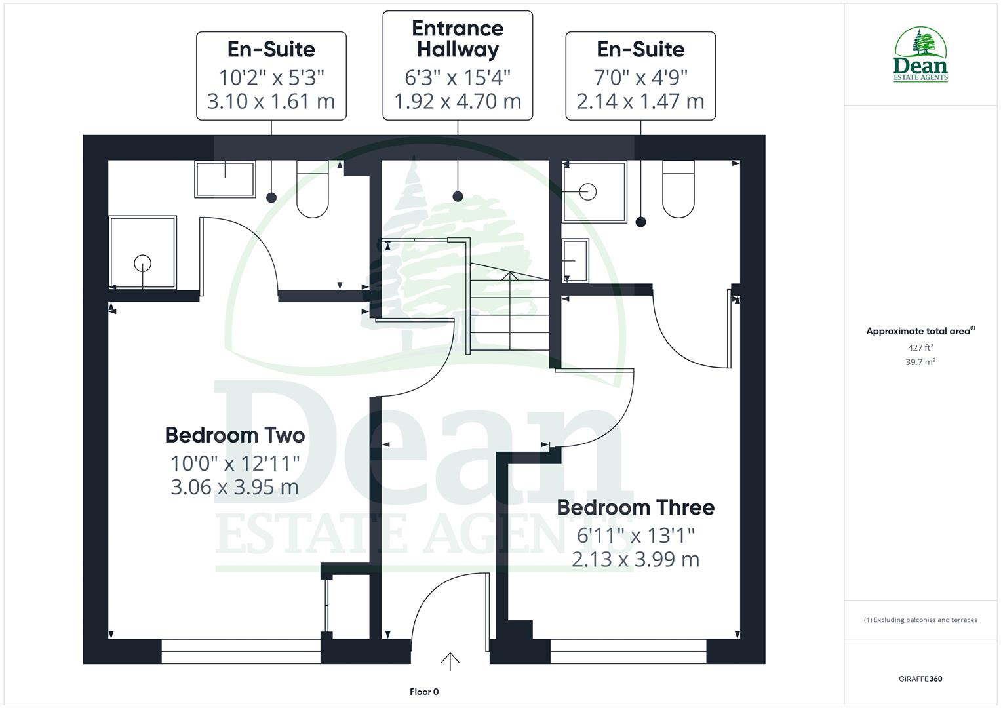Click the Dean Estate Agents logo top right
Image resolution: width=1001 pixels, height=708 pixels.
(x=921, y=55)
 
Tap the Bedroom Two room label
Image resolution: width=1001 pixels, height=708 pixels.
(x=235, y=435)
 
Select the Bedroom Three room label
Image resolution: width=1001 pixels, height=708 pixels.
(x=635, y=507)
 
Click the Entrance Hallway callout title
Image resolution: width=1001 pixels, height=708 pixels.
(x=458, y=39)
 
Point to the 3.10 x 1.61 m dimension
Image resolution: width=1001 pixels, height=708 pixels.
(x=271, y=102)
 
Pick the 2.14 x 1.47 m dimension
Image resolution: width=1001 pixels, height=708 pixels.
(x=640, y=102)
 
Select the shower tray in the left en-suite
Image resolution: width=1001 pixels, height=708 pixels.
(x=143, y=252)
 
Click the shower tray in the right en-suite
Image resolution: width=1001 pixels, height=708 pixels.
(x=595, y=191)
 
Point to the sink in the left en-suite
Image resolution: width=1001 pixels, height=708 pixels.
(x=225, y=179)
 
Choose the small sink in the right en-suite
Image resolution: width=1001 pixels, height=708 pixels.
(x=575, y=260)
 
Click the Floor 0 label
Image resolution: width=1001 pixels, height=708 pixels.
(x=424, y=692)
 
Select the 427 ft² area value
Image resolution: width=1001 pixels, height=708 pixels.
(x=920, y=348)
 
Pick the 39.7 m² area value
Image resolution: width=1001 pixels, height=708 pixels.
(x=920, y=362)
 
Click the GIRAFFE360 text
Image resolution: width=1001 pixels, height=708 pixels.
(x=920, y=678)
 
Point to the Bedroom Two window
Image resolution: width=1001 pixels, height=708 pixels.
(x=241, y=652)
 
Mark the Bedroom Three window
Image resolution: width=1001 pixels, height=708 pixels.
(x=628, y=652)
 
